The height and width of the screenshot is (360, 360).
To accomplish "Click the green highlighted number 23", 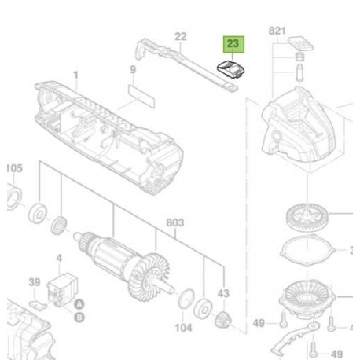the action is [233, 44].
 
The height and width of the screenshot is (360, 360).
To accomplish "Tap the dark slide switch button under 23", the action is [231, 68].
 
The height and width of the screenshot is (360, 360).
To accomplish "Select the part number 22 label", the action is [181, 37].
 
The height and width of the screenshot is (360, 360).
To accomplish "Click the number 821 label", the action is [277, 31].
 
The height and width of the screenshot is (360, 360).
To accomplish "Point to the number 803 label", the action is [175, 222].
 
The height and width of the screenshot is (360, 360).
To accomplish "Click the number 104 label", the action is [183, 328].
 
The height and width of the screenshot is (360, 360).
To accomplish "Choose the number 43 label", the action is [223, 293].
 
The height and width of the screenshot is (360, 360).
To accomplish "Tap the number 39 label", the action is [35, 282].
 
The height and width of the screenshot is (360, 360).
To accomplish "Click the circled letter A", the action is [79, 305].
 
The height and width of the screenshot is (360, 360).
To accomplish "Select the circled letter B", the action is [79, 318].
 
